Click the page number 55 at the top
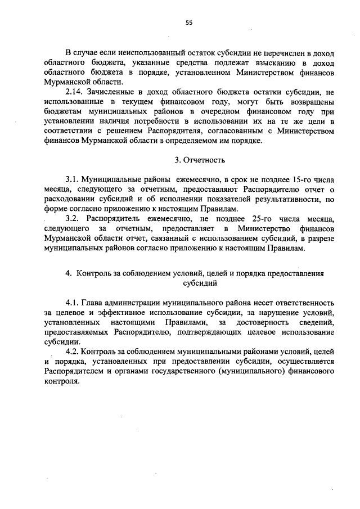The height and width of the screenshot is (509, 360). [189, 22]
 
